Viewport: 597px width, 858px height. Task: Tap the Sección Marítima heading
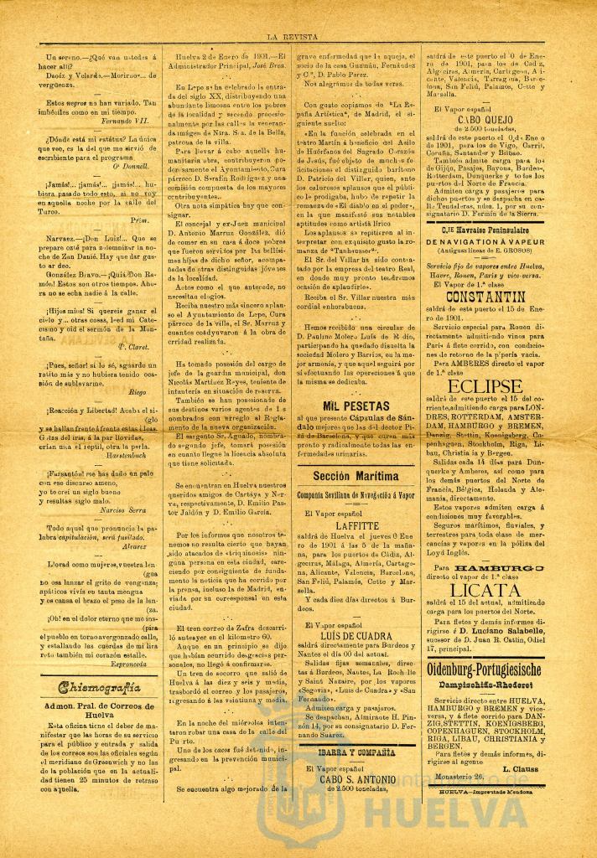(356, 475)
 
